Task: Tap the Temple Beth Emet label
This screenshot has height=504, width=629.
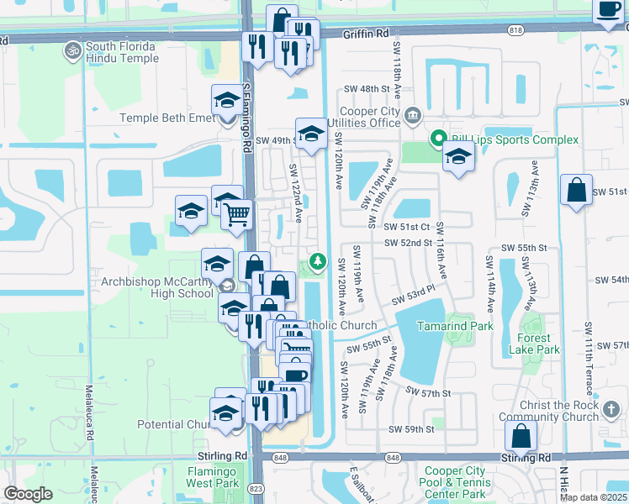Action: [168, 118]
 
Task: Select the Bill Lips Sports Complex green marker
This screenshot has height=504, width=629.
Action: [437, 139]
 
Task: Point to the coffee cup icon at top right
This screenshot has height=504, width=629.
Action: [608, 11]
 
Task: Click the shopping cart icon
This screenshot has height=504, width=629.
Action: [238, 214]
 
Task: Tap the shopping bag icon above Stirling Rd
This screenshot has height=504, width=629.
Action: [521, 436]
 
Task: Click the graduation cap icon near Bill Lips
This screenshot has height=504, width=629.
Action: [458, 156]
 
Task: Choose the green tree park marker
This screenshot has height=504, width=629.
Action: [317, 261]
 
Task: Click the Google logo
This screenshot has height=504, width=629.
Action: [29, 493]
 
